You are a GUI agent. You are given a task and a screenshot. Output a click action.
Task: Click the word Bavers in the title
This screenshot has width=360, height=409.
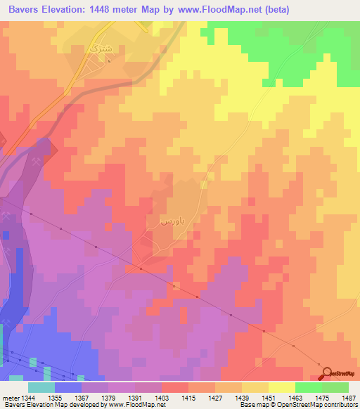(28, 9)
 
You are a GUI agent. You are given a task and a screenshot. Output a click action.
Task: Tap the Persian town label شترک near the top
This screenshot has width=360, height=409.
(93, 49)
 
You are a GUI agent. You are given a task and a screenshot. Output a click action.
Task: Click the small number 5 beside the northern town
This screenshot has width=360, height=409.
(110, 61)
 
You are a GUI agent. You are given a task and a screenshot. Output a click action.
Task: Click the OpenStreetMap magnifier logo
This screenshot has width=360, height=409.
(325, 373)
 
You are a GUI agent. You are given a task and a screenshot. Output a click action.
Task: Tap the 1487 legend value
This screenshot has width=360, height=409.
(349, 398)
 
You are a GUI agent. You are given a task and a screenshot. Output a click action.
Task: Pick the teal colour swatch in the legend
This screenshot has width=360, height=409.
(41, 387)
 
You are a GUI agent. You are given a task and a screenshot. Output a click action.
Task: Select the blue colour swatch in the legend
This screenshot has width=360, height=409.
(67, 387)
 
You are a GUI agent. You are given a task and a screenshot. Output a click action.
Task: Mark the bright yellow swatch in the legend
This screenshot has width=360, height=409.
(281, 387)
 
